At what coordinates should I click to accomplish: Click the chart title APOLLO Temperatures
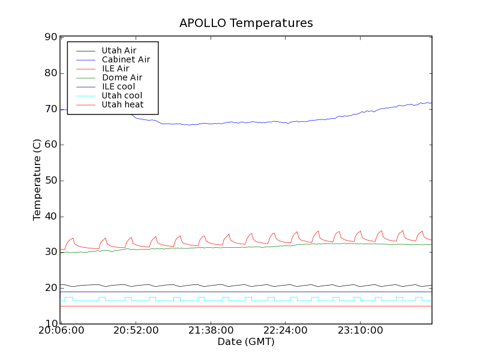click(246, 23)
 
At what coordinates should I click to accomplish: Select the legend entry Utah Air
click(118, 50)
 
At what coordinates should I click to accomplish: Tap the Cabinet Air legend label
click(125, 59)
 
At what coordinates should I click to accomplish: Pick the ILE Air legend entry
click(115, 68)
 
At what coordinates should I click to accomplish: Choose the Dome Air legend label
click(122, 77)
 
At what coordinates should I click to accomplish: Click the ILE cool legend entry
click(118, 86)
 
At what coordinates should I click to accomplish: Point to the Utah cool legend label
click(122, 95)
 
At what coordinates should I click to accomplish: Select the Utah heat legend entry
click(122, 104)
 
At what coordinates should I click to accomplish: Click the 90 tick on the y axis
click(50, 37)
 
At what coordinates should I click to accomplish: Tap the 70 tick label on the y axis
click(50, 109)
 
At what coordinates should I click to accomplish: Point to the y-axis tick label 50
click(50, 181)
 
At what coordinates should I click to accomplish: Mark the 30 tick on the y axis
click(50, 253)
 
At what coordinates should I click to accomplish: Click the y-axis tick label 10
click(50, 324)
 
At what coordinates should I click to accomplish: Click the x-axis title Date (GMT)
click(246, 342)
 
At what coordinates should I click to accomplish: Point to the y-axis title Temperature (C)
click(37, 181)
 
